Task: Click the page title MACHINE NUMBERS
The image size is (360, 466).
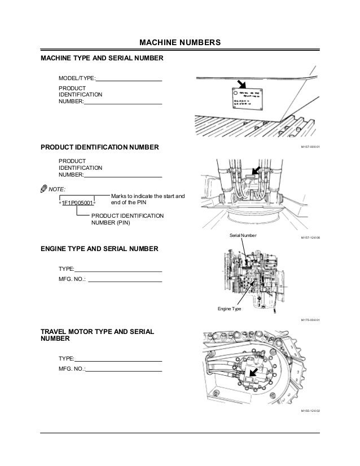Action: (179, 43)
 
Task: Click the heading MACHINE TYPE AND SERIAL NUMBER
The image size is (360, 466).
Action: (102, 59)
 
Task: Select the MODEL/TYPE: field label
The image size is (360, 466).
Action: (77, 78)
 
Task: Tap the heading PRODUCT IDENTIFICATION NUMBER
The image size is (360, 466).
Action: (100, 147)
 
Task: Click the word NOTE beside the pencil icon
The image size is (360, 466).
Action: (58, 188)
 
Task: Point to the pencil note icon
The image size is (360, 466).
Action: (44, 188)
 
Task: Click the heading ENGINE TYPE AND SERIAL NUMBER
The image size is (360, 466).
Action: (100, 248)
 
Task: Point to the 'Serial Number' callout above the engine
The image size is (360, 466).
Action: (243, 234)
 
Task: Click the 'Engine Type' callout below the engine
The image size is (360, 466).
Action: (229, 309)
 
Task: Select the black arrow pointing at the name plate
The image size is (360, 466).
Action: (242, 85)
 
